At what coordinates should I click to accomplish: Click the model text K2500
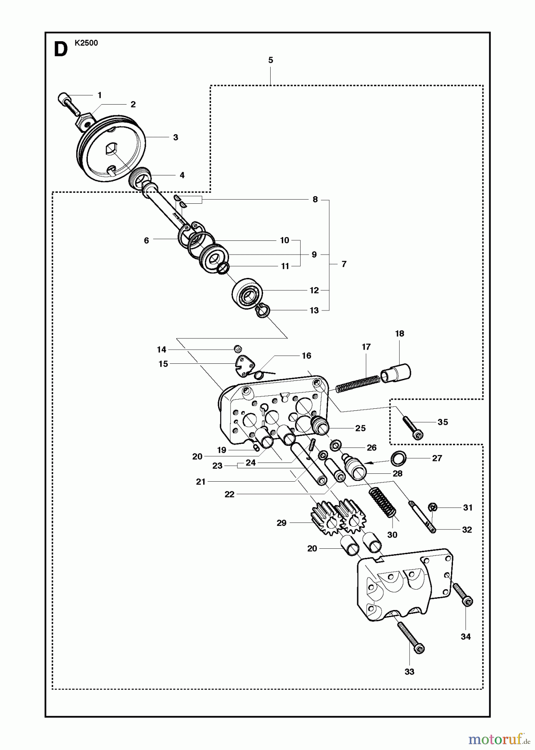(86, 42)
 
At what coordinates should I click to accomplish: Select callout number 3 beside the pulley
(175, 137)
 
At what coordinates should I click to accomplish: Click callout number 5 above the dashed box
(271, 60)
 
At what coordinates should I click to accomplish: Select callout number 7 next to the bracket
(343, 264)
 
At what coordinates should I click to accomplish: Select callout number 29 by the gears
(281, 522)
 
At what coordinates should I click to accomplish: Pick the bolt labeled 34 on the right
(463, 594)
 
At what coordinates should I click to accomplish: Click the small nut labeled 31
(433, 507)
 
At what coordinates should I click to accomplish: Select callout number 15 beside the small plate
(163, 364)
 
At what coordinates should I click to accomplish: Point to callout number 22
(229, 494)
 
